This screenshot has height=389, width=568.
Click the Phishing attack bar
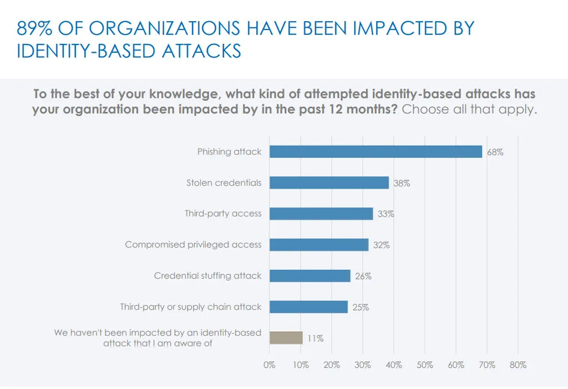(376, 151)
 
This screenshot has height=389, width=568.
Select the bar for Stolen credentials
(329, 183)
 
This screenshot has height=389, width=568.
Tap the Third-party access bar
(321, 214)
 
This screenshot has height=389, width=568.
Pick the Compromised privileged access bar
(319, 245)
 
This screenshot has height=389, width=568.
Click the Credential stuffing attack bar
(310, 276)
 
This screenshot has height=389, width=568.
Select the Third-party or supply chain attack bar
(308, 307)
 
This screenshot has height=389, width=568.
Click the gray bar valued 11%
(286, 338)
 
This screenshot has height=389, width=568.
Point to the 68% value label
(495, 152)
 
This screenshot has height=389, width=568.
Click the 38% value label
(402, 183)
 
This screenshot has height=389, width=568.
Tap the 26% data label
(363, 276)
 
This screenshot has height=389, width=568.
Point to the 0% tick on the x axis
(270, 365)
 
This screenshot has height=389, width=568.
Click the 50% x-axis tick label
(424, 365)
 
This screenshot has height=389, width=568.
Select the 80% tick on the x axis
(518, 365)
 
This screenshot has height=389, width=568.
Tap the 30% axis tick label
(363, 365)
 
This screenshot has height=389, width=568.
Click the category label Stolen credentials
(224, 183)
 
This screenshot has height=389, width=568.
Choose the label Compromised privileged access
(193, 245)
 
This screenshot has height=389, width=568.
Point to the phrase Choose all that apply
(469, 109)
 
